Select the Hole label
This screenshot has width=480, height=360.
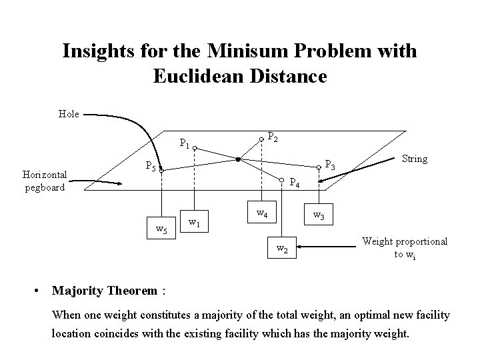click(69, 114)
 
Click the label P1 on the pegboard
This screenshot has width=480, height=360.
click(185, 143)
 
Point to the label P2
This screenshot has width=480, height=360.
click(273, 137)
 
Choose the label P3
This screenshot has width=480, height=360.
click(330, 164)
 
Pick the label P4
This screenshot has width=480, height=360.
click(296, 182)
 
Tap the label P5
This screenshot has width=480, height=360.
click(151, 167)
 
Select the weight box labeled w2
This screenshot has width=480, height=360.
click(282, 250)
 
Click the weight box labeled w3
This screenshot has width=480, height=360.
click(319, 217)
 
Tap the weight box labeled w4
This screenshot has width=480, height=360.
click(263, 213)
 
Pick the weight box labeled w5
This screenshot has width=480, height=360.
click(161, 230)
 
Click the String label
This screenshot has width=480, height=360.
click(415, 159)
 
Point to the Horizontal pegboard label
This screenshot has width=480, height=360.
click(43, 181)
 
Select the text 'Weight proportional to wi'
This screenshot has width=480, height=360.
click(405, 248)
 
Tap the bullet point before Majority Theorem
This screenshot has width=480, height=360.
click(37, 291)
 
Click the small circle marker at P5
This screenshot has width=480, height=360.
click(161, 171)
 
